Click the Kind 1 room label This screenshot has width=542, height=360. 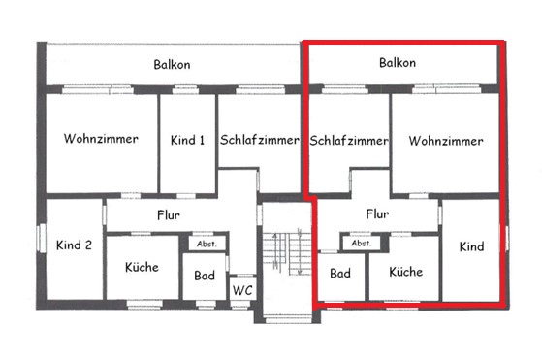click(x=187, y=140)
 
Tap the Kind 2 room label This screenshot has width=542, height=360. click(x=74, y=245)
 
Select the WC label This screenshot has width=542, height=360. click(x=242, y=290)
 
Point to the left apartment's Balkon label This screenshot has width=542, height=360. click(x=172, y=65)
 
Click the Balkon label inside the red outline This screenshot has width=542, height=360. click(x=398, y=63)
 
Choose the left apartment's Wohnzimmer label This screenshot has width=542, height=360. click(x=101, y=139)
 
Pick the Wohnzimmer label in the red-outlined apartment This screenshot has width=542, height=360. click(x=446, y=141)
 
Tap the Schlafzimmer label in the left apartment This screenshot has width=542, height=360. click(x=260, y=140)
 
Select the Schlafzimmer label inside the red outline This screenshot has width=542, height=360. click(x=349, y=141)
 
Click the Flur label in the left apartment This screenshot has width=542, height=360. click(x=169, y=215)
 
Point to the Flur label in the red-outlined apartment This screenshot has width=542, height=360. click(x=377, y=213)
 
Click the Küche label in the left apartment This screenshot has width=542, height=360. click(x=142, y=267)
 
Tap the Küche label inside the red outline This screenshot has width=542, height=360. click(x=406, y=272)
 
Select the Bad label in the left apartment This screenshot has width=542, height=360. click(x=205, y=276)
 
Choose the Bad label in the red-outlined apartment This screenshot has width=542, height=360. click(x=340, y=274)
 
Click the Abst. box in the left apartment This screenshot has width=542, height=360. click(x=207, y=244)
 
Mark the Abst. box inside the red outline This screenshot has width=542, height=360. click(x=362, y=243)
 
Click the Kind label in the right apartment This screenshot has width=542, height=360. click(x=471, y=246)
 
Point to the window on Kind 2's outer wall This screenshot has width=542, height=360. click(x=42, y=238)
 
